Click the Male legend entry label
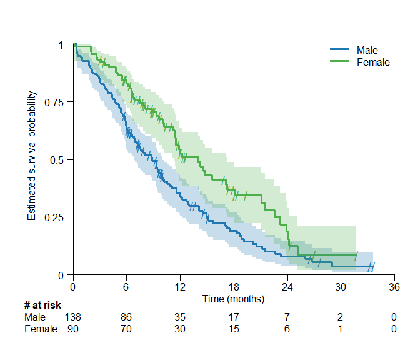367,50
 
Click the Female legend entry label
373,62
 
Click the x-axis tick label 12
180,287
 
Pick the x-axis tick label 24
287,287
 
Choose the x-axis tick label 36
394,287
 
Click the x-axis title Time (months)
234,299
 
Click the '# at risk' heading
42,306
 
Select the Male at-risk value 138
73,317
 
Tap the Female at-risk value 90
73,329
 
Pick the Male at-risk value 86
126,317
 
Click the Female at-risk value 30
180,329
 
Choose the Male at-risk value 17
233,317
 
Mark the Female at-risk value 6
287,329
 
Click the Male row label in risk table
35,317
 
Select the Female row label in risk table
41,329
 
